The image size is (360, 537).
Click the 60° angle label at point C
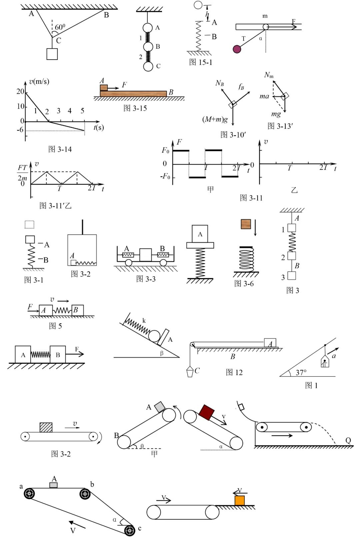click(60, 27)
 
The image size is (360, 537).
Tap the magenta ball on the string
click(237, 49)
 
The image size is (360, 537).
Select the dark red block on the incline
click(206, 412)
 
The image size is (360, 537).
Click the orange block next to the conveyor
click(240, 500)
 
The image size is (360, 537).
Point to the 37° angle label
click(301, 372)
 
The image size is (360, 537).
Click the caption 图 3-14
click(60, 149)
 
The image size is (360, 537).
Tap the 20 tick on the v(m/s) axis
click(20, 92)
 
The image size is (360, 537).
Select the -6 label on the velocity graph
click(20, 130)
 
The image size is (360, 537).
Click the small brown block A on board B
click(104, 88)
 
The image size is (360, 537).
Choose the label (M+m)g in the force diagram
click(215, 119)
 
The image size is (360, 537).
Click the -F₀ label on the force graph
click(165, 176)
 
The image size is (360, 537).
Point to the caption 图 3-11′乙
click(55, 206)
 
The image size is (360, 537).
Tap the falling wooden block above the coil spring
click(246, 224)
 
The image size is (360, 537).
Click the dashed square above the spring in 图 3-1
click(29, 225)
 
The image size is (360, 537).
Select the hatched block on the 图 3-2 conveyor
click(46, 427)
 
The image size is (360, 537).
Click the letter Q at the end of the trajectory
click(348, 440)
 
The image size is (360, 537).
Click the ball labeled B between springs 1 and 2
click(148, 47)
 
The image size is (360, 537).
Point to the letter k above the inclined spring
click(144, 321)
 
